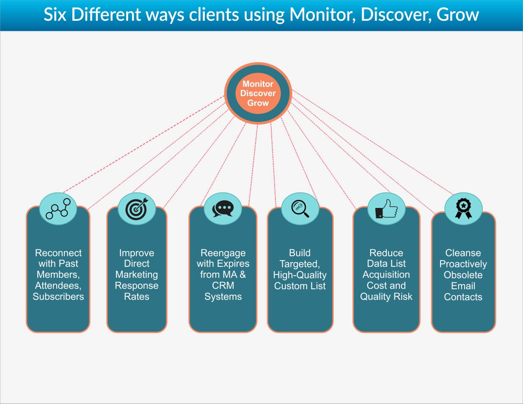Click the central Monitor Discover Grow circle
[258, 93]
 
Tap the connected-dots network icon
[58, 208]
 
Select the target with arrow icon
[137, 208]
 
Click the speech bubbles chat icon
[223, 208]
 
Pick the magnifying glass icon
[300, 208]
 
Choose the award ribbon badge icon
[463, 208]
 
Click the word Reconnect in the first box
[58, 253]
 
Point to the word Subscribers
[58, 296]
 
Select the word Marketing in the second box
[136, 274]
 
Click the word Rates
[136, 296]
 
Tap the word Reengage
[223, 253]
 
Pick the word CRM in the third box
[223, 285]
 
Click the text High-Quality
[300, 275]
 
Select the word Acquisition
[386, 274]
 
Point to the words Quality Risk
[386, 296]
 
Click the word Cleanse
[463, 253]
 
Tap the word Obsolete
[463, 275]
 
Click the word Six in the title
[55, 15]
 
